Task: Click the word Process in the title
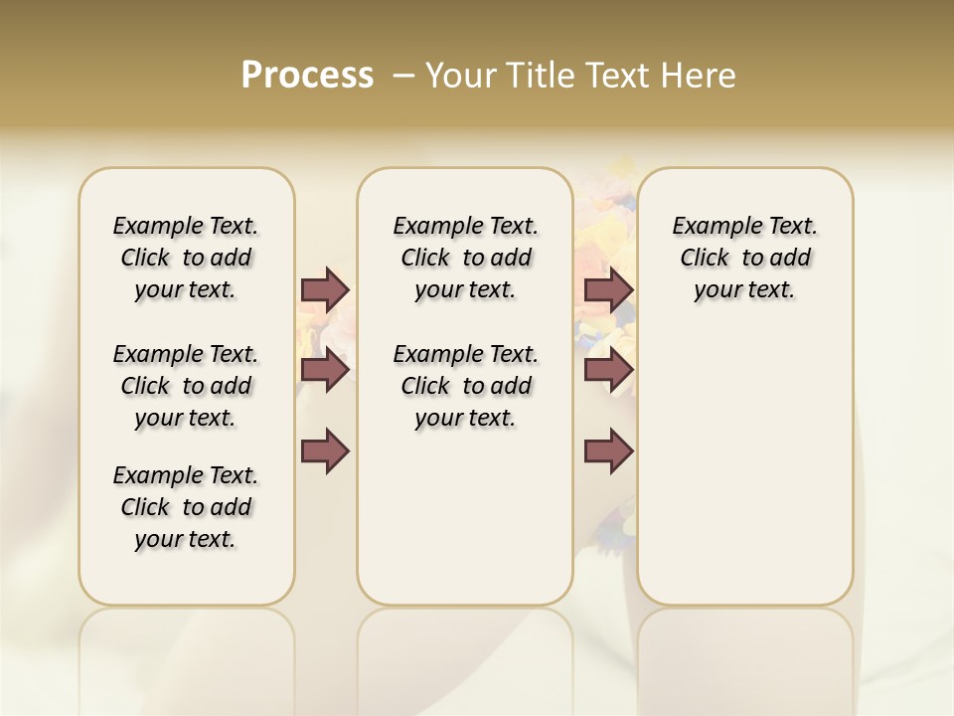pos(307,76)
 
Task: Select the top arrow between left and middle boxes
pos(325,289)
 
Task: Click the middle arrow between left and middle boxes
pos(325,370)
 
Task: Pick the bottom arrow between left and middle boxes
pos(325,450)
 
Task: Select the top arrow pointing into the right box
pos(608,289)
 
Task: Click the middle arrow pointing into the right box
pos(608,370)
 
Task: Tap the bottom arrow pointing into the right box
pos(608,451)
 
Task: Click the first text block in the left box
pos(186,258)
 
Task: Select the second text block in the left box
pos(186,386)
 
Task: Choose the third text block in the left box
pos(186,507)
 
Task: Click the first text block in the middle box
pos(465,258)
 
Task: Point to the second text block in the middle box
pos(465,386)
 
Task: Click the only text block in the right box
pos(744,258)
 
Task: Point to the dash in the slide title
pos(402,76)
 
